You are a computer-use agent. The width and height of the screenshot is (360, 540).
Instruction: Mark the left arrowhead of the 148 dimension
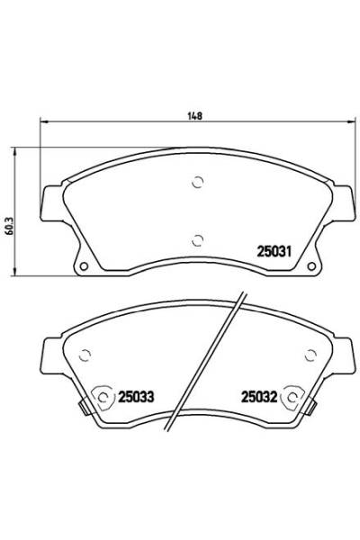click(40, 123)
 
